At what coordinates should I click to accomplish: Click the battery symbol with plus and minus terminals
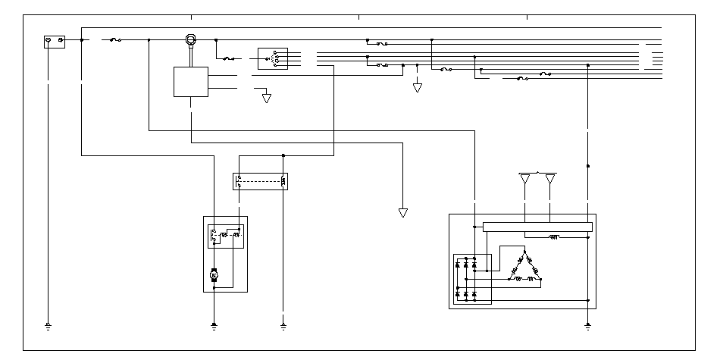tap(55, 41)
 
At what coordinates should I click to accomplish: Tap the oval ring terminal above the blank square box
tap(191, 39)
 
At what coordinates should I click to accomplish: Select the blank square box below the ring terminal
tap(191, 82)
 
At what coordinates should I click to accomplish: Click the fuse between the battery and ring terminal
tap(116, 39)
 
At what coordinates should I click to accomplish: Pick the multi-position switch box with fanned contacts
tap(273, 58)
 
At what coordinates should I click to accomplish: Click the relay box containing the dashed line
tap(261, 181)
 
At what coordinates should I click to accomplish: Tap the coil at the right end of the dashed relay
tap(283, 181)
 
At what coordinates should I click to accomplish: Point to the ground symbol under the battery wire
tap(48, 327)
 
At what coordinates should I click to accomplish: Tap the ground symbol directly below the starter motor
tap(214, 327)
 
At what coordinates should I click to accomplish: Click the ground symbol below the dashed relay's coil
tap(283, 327)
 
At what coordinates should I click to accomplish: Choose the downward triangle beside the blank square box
tap(266, 98)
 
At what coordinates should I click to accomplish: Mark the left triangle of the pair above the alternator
tap(525, 180)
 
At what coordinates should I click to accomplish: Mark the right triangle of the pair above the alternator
tap(550, 180)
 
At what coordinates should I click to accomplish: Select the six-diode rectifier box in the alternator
tap(471, 279)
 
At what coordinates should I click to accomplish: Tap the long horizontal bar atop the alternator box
tap(537, 227)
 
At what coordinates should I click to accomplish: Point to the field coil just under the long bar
tap(554, 236)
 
